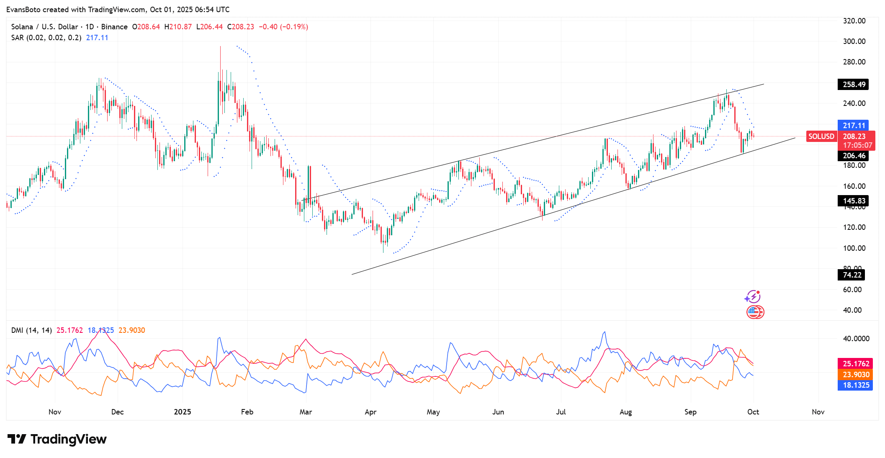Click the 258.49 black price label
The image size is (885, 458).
point(854,85)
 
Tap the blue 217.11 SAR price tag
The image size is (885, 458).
point(853,126)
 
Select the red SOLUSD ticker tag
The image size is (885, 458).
point(821,136)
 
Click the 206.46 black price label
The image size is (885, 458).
point(854,156)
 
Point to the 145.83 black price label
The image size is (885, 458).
point(854,201)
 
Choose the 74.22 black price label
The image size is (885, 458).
point(852,275)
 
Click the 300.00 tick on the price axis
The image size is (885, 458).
point(854,41)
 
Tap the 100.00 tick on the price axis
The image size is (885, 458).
point(854,248)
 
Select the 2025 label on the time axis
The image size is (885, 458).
point(183,412)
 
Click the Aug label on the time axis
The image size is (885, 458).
point(625,412)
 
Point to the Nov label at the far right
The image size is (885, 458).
point(818,412)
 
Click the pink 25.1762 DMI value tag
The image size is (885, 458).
point(856,364)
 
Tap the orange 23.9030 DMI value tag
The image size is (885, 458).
point(856,375)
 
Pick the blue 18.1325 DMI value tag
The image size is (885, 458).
point(856,385)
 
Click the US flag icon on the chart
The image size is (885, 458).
point(755,312)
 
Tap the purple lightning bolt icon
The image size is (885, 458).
point(753,297)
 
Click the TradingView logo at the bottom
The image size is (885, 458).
point(57,439)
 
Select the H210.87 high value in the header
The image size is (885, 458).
point(178,27)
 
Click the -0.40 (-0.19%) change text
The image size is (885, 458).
point(283,27)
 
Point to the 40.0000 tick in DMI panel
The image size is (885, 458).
point(856,339)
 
